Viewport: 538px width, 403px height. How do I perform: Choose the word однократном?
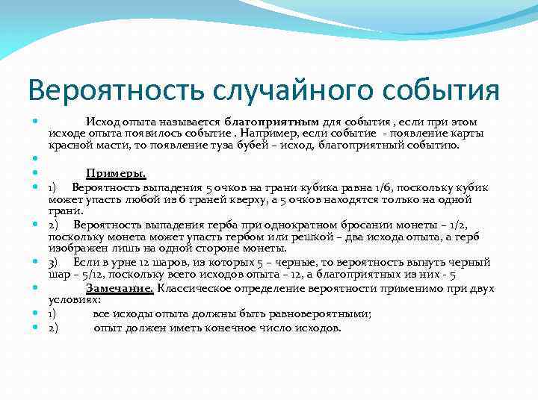pyautogui.click(x=268, y=224)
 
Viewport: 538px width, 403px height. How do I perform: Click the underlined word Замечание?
pyautogui.click(x=119, y=288)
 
